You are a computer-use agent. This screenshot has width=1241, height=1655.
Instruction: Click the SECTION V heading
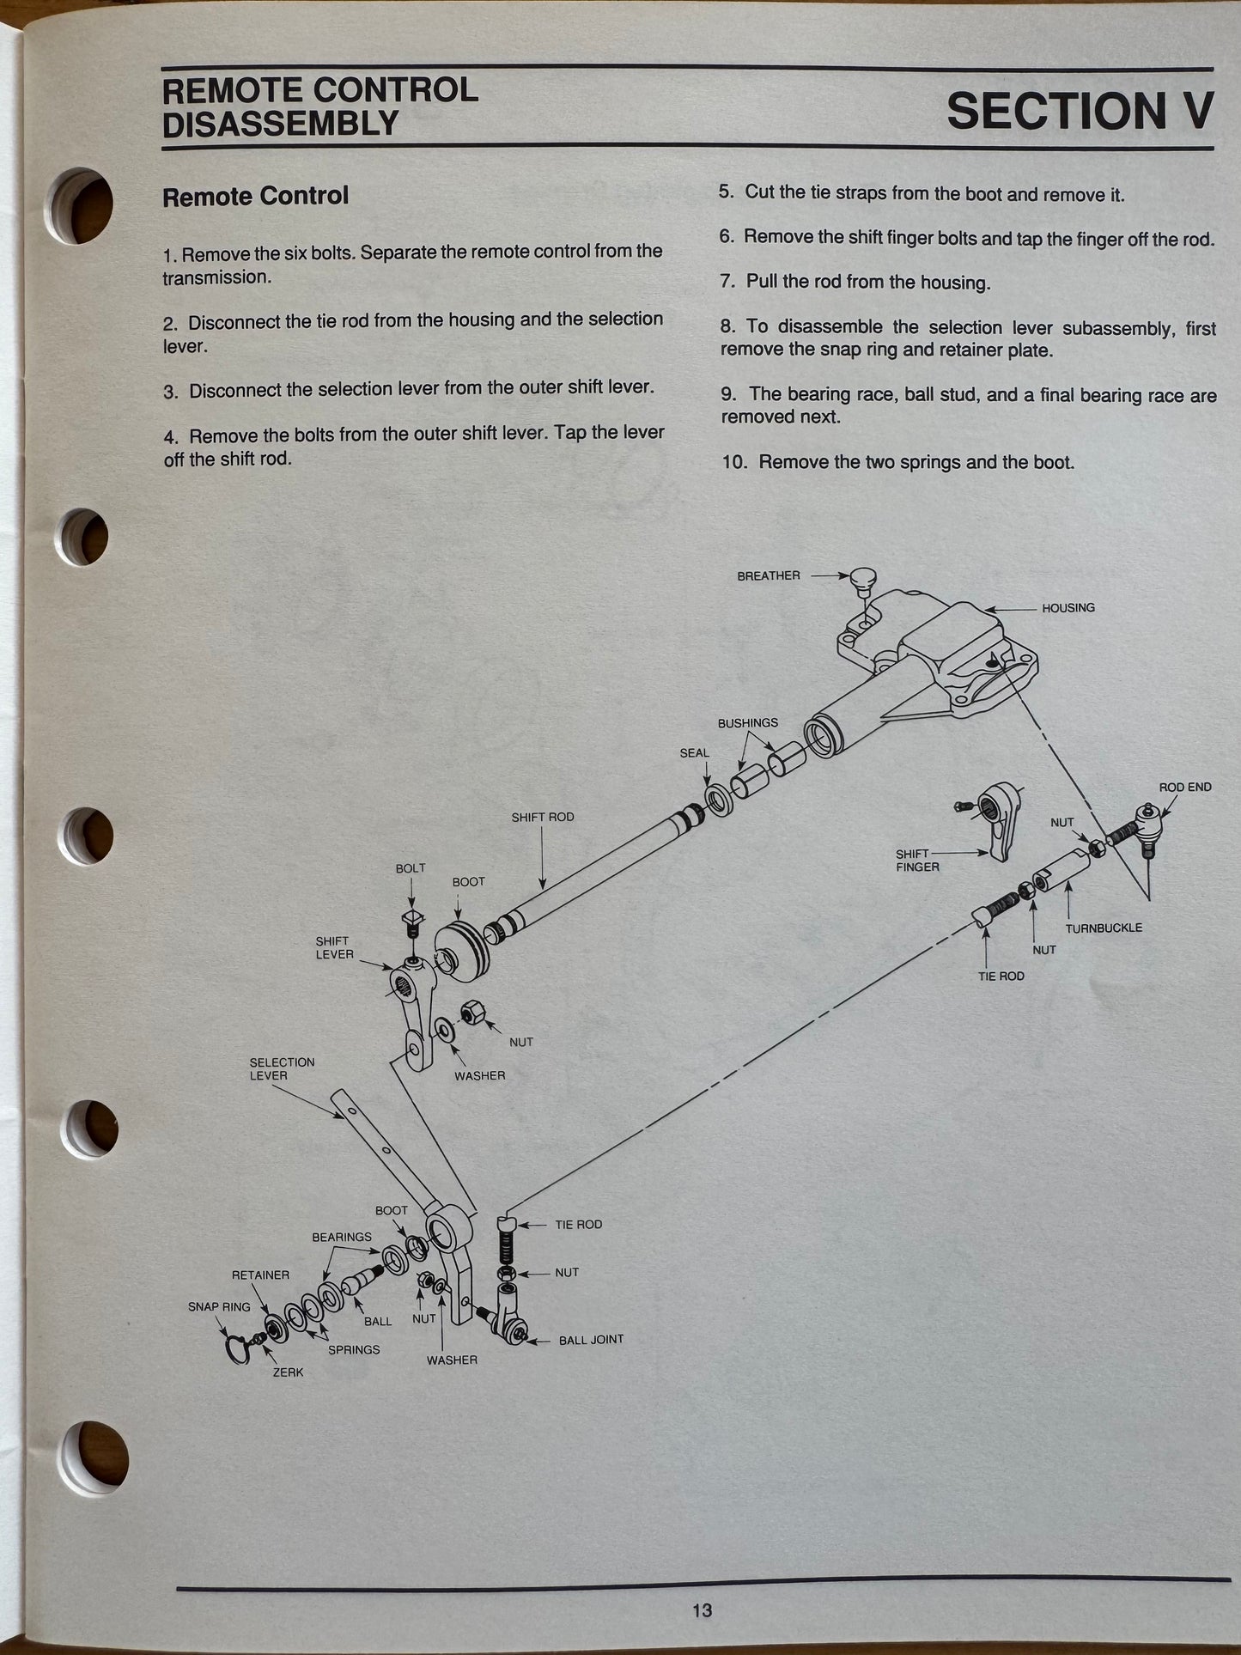pos(1080,111)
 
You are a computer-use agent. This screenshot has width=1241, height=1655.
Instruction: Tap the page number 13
pos(702,1610)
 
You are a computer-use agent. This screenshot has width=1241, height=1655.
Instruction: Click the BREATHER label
pos(768,575)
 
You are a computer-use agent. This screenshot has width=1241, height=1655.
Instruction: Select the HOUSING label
pos(1068,608)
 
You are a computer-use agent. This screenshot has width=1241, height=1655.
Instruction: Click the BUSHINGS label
pos(747,723)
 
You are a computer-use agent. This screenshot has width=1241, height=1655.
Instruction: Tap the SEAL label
pos(694,753)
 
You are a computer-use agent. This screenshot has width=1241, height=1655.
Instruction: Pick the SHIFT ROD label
pos(543,817)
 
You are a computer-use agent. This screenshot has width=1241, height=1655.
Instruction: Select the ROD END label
pos(1185,787)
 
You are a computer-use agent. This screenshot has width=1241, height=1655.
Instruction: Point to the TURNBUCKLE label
pos(1104,928)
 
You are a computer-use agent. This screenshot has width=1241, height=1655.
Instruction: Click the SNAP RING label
pos(219,1307)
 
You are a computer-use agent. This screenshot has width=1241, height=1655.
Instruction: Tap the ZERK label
pos(288,1372)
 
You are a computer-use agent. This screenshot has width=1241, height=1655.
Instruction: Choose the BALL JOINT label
pos(591,1340)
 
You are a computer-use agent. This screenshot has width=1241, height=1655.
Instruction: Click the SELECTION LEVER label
pos(282,1068)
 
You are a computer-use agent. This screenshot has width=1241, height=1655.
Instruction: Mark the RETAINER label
pos(260,1275)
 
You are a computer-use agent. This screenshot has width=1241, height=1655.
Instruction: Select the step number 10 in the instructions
pos(734,462)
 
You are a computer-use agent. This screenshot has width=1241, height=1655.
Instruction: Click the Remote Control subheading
pos(255,196)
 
